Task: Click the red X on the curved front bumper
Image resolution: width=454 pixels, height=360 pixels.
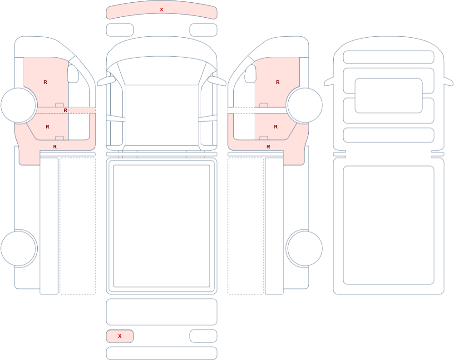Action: click(x=162, y=10)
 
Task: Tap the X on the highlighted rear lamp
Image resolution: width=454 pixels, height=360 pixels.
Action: click(x=119, y=336)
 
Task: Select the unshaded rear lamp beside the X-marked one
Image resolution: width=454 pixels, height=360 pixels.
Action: click(x=203, y=336)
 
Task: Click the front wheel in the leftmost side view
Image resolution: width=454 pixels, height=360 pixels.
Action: click(x=19, y=105)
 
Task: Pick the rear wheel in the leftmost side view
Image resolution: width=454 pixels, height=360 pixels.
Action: click(x=19, y=248)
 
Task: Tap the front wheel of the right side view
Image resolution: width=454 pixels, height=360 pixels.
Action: click(x=304, y=105)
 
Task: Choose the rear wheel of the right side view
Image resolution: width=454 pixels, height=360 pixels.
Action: click(x=304, y=248)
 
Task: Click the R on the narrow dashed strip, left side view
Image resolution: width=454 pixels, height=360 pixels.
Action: click(x=65, y=110)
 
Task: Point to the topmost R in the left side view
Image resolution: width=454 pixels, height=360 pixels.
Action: click(x=45, y=82)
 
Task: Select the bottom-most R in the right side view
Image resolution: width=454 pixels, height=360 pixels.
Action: click(x=268, y=147)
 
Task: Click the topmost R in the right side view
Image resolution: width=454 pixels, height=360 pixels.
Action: click(x=278, y=82)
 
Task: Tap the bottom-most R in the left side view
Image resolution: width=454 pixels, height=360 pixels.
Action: click(x=55, y=147)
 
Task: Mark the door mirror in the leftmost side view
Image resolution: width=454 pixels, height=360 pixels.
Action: click(x=73, y=74)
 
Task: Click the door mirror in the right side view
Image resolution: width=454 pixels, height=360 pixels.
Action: click(x=251, y=74)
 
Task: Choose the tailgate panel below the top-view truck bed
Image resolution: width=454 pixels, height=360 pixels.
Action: click(x=162, y=312)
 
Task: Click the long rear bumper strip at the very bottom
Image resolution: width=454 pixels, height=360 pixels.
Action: click(x=162, y=353)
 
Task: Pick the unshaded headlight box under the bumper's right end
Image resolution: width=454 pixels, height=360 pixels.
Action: click(x=203, y=30)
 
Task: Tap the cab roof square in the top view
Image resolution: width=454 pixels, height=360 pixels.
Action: click(x=162, y=115)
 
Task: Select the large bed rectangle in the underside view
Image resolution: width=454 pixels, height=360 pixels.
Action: click(x=389, y=225)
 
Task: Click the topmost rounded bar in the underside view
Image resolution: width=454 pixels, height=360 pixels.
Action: click(x=389, y=57)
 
